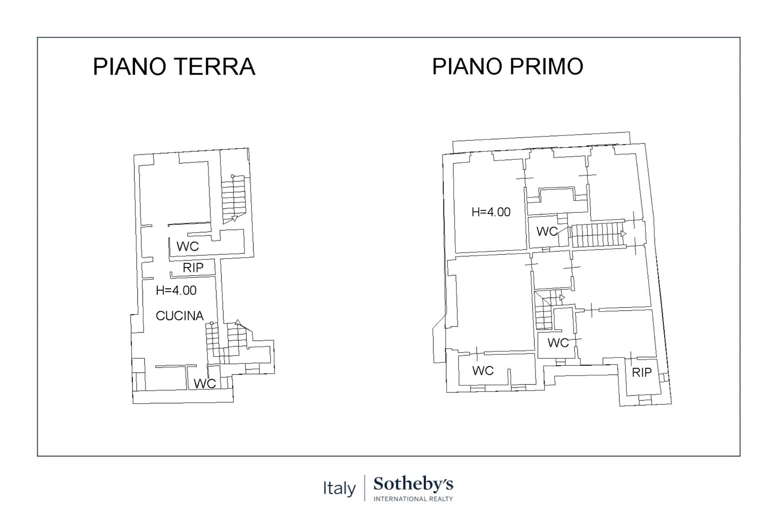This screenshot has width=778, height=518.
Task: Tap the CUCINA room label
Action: pos(179,316)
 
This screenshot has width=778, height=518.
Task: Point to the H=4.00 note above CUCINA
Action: pos(176,291)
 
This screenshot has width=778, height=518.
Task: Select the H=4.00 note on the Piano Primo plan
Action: pos(491,212)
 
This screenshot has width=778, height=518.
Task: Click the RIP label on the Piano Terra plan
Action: pos(193,268)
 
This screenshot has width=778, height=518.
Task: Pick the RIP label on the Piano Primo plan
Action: pos(641,373)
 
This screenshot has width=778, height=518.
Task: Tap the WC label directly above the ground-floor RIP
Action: pos(188,246)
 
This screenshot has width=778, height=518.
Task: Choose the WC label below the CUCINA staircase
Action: pos(204,383)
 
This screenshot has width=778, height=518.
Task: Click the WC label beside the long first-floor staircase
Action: pos(547,231)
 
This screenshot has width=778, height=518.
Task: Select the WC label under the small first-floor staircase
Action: pos(558,343)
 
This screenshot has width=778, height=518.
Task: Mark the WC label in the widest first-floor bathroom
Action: pos(483,370)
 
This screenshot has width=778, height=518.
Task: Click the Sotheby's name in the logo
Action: pos(413,484)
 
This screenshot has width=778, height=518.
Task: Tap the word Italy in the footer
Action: pos(339,489)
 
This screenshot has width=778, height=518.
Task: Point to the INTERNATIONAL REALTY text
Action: pos(413,499)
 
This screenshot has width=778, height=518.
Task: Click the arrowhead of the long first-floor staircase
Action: pos(624,234)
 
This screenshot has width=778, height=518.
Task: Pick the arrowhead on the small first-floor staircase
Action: pos(562,297)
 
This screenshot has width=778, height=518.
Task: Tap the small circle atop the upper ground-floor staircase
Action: pos(233,176)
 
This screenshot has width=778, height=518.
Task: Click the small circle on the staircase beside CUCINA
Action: pos(211,323)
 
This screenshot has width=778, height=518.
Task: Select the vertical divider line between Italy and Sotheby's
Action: pos(364,488)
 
